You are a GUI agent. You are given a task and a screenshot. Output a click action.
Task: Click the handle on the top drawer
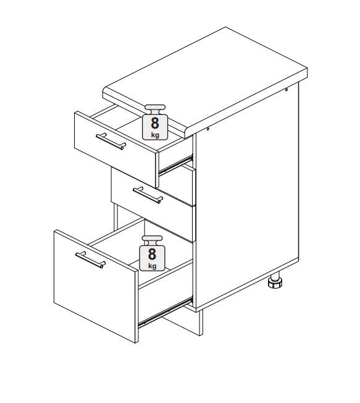(x=111, y=141)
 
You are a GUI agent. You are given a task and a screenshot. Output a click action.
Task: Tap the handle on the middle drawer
(x=148, y=195)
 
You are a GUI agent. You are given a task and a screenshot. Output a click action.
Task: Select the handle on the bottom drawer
(x=90, y=260)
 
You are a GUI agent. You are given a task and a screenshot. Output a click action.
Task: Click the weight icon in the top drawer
(x=155, y=122)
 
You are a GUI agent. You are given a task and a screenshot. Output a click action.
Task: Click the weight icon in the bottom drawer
(x=152, y=253)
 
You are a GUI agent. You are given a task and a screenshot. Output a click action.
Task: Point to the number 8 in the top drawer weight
(x=155, y=123)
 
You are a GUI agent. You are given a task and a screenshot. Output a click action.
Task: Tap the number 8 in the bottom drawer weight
(x=152, y=254)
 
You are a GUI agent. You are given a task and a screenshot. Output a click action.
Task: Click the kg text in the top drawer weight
(x=155, y=135)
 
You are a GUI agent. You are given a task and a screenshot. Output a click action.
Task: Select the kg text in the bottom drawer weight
(x=153, y=266)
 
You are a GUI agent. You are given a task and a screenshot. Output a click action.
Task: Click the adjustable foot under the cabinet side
(x=275, y=280)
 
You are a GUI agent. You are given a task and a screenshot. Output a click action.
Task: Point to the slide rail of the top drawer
(x=176, y=164)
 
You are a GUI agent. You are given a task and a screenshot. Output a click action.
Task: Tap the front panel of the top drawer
(x=115, y=149)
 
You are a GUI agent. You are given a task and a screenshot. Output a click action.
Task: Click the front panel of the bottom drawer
(x=96, y=286)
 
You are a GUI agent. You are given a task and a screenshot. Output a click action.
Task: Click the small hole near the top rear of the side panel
(x=287, y=90)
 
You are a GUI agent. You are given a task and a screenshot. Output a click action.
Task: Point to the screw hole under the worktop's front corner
(x=207, y=129)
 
